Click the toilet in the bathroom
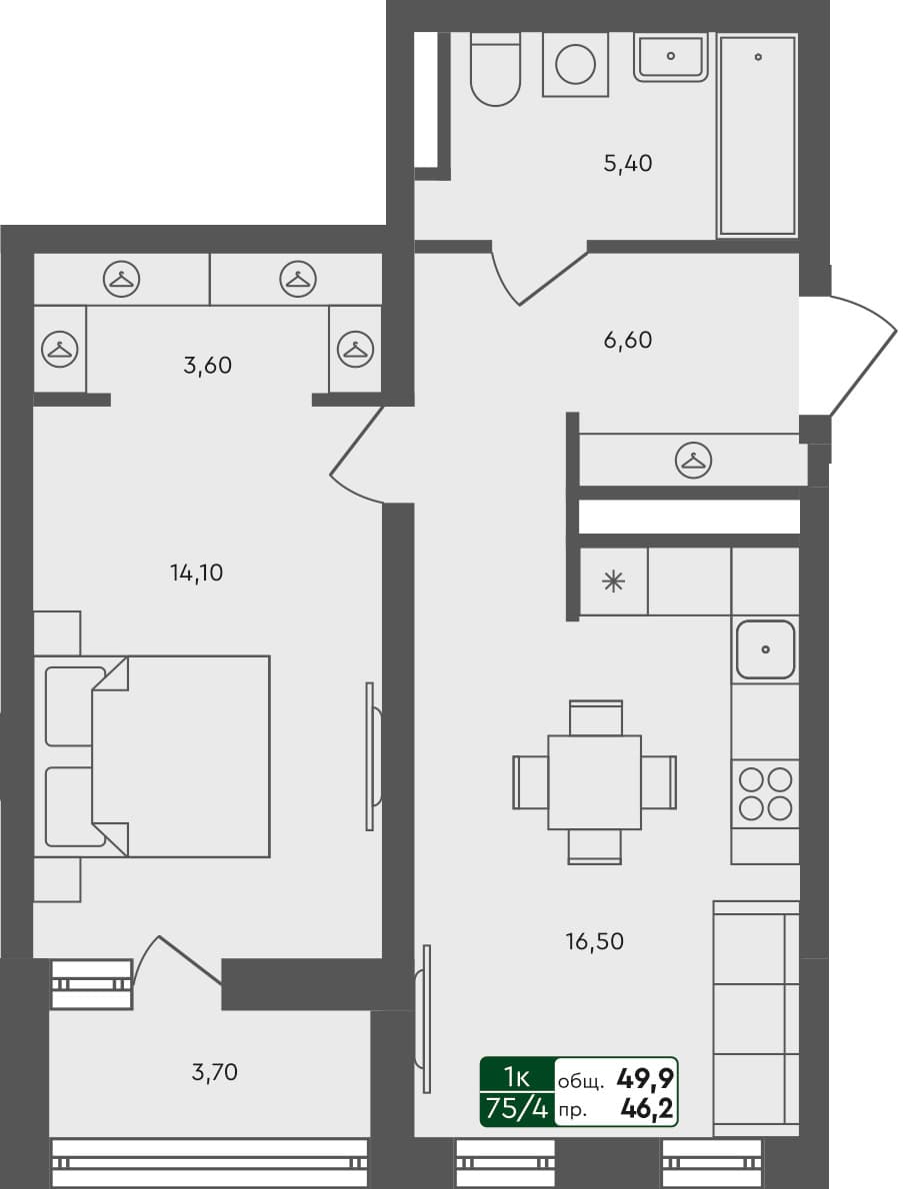(495, 72)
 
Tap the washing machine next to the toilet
(575, 65)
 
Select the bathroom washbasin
(670, 56)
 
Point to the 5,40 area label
(627, 164)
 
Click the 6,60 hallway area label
(627, 341)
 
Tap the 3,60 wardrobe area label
(207, 366)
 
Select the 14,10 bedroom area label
(196, 573)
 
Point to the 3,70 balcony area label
(215, 1073)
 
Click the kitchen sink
(765, 649)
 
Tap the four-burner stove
(765, 792)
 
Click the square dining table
(594, 781)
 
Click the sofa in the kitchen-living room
(756, 1017)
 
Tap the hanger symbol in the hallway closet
(692, 461)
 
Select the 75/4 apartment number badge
(517, 1108)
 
